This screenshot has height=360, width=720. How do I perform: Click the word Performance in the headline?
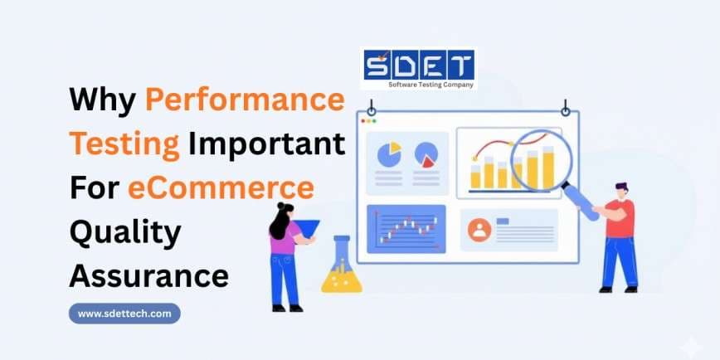(x=245, y=100)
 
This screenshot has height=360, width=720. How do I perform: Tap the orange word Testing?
(x=124, y=146)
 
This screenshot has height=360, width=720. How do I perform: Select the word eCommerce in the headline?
(x=221, y=189)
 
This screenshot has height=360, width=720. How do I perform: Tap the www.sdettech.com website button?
(x=124, y=314)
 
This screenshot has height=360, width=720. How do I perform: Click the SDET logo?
(x=418, y=68)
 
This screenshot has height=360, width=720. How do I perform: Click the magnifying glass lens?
(x=542, y=160)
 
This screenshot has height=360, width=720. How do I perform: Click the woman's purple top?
(x=285, y=237)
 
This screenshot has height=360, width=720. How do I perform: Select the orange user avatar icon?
(x=479, y=230)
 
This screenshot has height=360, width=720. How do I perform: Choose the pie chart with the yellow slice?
(x=389, y=154)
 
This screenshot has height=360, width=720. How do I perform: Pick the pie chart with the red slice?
(x=426, y=155)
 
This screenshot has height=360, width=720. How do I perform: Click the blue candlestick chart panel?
(x=406, y=229)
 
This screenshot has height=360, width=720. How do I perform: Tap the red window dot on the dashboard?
(x=362, y=121)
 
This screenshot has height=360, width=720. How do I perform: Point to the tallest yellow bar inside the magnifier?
(x=548, y=168)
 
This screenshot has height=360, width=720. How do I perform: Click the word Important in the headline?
(x=267, y=144)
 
